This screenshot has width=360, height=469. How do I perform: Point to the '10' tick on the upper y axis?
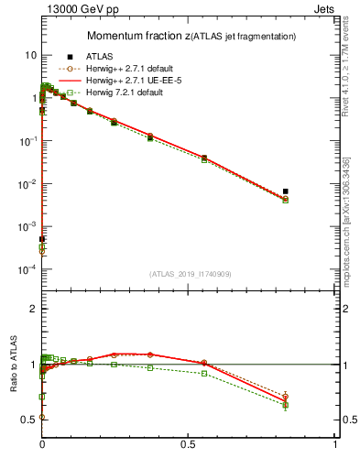pyautogui.click(x=29, y=55)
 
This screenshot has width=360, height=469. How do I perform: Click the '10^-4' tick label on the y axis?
pyautogui.click(x=26, y=269)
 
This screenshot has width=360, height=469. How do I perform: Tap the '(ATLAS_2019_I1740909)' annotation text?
pyautogui.click(x=189, y=274)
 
